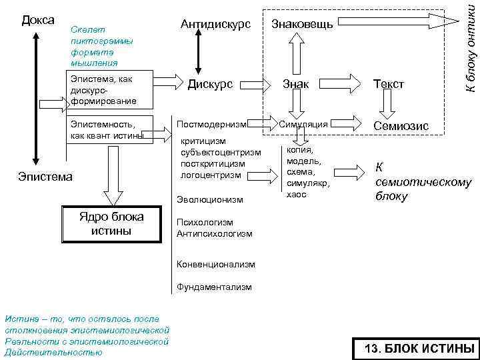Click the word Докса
click(x=38, y=21)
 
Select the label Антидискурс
click(x=215, y=25)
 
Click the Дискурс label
click(x=210, y=84)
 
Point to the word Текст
click(x=389, y=84)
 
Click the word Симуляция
click(x=303, y=124)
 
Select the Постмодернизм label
click(x=212, y=124)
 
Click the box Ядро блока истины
click(x=111, y=224)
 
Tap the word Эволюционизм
click(x=210, y=199)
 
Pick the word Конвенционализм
click(x=216, y=264)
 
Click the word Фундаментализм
click(x=215, y=287)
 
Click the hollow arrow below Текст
click(x=389, y=104)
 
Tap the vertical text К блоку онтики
click(x=471, y=47)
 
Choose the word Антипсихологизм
click(x=215, y=233)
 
